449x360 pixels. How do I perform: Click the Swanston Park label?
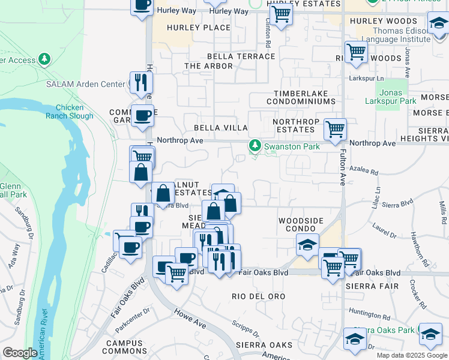tap(294, 145)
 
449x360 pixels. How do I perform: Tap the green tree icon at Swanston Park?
tap(255, 145)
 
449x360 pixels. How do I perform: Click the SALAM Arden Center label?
tap(85, 83)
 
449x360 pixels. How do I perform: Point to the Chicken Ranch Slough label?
tap(69, 112)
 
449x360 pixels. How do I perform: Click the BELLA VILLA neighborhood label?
tap(220, 128)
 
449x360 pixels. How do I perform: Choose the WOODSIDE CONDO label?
tap(301, 225)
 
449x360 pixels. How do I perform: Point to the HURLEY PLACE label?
tap(199, 28)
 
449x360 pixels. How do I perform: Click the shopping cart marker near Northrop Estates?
tap(335, 128)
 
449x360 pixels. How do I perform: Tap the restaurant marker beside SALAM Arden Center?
tap(141, 82)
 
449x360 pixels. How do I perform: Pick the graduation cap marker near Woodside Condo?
tap(307, 245)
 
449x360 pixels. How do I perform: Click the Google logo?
tap(20, 353)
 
